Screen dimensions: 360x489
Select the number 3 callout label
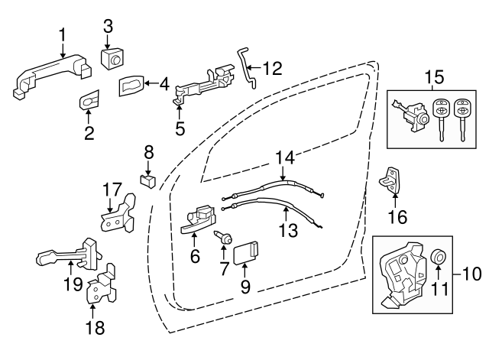(x=108, y=25)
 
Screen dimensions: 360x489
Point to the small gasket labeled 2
(x=89, y=100)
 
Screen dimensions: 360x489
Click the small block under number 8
(x=149, y=180)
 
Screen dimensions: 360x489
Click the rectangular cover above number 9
(x=247, y=251)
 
